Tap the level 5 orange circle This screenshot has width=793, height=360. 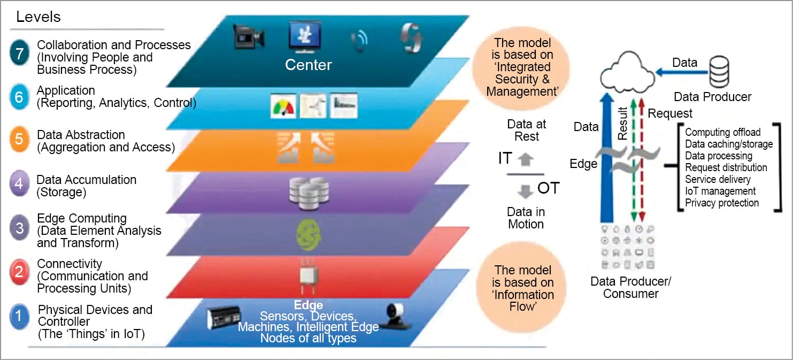pyautogui.click(x=19, y=140)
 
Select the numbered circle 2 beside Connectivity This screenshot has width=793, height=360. pyautogui.click(x=19, y=271)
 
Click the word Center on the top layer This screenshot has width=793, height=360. pyautogui.click(x=308, y=65)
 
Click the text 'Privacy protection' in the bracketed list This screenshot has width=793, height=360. pyautogui.click(x=721, y=203)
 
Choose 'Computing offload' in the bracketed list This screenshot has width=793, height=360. pyautogui.click(x=722, y=132)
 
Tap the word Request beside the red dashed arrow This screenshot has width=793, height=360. pyautogui.click(x=670, y=113)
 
